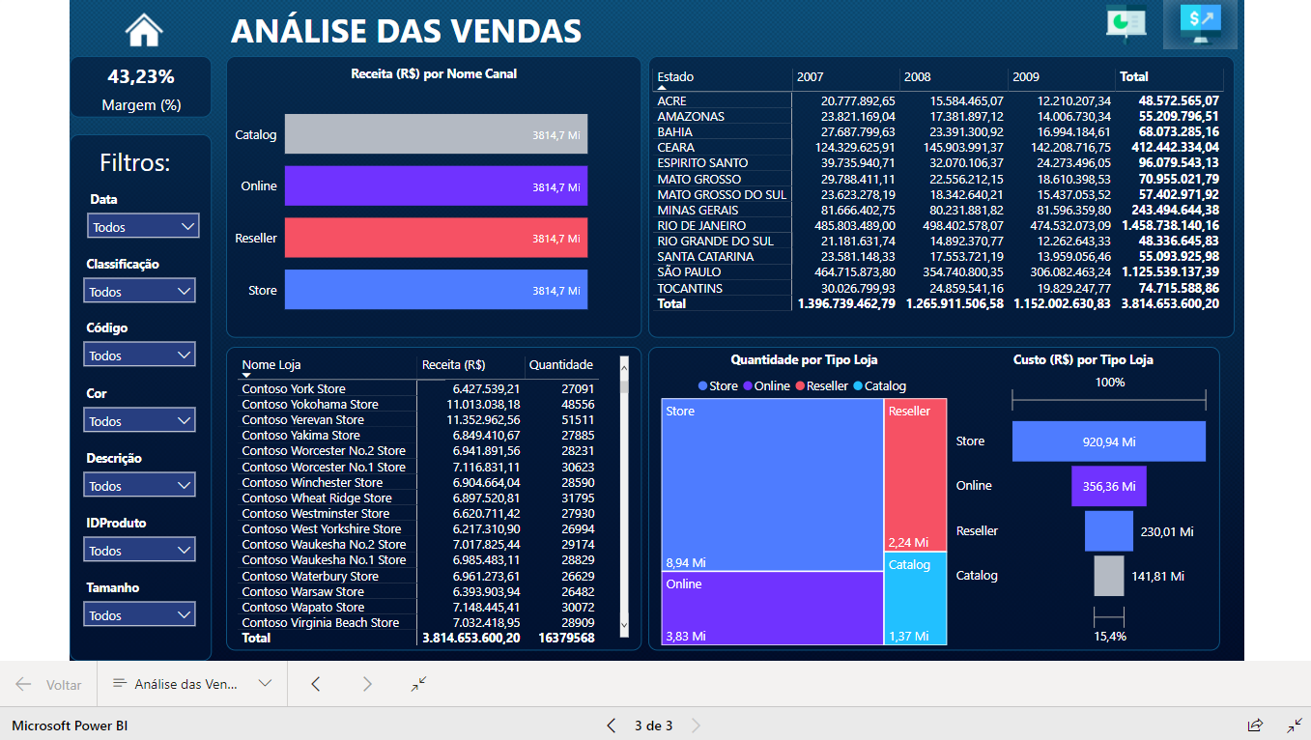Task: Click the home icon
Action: [144, 30]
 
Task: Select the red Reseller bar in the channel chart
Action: [436, 238]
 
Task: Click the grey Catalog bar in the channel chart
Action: [436, 134]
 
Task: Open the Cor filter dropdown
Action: [140, 421]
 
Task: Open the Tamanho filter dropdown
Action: [140, 615]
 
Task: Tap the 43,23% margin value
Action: [141, 76]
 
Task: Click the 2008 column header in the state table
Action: [918, 77]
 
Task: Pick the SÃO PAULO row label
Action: [689, 272]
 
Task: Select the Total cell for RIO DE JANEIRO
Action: [1169, 225]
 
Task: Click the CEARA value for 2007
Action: [843, 148]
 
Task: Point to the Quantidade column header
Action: [560, 365]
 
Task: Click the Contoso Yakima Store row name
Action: [300, 436]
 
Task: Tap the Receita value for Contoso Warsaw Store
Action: [486, 591]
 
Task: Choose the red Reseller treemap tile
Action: [915, 473]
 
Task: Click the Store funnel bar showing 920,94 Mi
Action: [1108, 441]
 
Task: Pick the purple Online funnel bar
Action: [1108, 486]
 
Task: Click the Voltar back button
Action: [48, 685]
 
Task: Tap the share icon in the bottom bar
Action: [1255, 726]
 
